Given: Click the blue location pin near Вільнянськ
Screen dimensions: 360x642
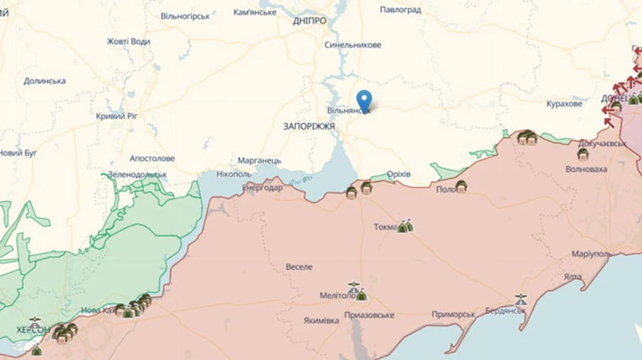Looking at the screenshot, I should coord(365,99).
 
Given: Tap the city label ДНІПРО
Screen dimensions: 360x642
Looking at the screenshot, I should coord(310,21).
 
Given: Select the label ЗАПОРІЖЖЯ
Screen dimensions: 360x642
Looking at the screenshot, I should coord(309,126).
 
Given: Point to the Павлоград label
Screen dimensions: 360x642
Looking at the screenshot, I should coord(400,10).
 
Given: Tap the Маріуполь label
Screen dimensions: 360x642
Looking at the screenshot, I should coord(591,254).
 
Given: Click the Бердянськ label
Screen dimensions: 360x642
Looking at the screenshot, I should coord(505,311).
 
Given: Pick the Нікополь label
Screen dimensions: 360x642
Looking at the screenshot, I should coord(234,174).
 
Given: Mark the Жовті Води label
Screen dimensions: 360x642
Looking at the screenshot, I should coord(128,41).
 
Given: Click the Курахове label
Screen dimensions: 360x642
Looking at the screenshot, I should coord(564,104).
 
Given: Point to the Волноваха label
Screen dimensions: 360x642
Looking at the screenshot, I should coord(586,170).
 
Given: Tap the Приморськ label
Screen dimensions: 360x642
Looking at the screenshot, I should coord(454,314).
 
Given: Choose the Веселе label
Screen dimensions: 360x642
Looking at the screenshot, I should coord(299,267).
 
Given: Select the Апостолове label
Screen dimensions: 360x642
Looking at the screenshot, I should coord(152,158).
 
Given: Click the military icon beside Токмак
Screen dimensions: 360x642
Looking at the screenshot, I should coord(405,226).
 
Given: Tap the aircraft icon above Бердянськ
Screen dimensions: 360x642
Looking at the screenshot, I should coord(521,300).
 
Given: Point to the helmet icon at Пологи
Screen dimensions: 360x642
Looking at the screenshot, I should coord(462,187).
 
